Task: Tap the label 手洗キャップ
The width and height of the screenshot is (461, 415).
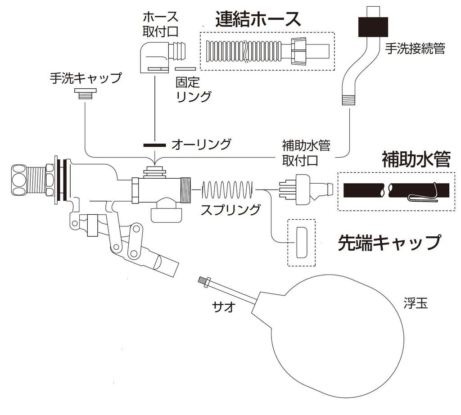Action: (x=86, y=78)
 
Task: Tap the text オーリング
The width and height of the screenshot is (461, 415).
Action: (x=201, y=145)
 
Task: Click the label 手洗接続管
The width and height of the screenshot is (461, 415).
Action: (x=415, y=49)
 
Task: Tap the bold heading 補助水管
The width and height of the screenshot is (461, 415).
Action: (x=416, y=159)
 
